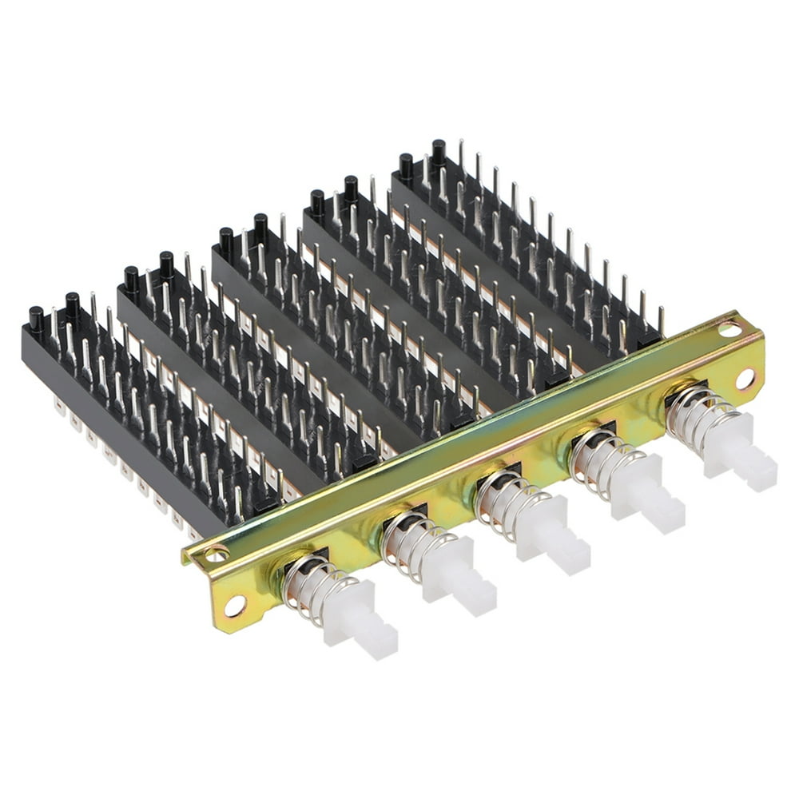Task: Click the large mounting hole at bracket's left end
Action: click(234, 606)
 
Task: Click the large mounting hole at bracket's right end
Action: click(745, 379)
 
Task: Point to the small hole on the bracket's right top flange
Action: click(729, 327)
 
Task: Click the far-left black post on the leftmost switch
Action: click(37, 319)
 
